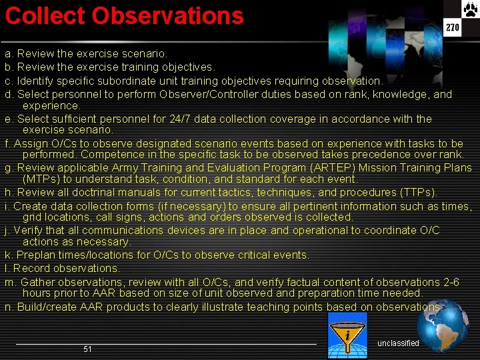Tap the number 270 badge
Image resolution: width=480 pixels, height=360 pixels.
(453, 28)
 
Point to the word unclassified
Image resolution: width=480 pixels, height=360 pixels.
(398, 343)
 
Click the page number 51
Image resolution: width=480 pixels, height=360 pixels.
(87, 349)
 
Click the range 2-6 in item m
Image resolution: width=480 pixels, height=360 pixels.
(451, 282)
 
